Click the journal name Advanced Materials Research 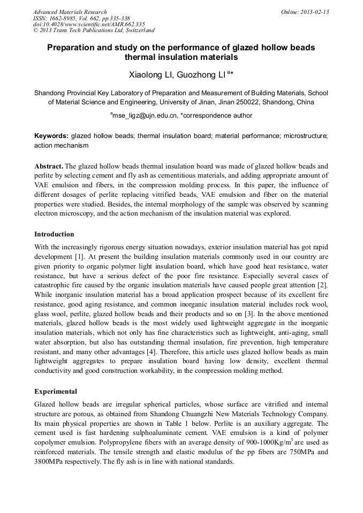70,12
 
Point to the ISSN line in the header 81,18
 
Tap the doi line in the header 89,25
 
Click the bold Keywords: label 51,136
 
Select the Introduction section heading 54,234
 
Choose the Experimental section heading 56,391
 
